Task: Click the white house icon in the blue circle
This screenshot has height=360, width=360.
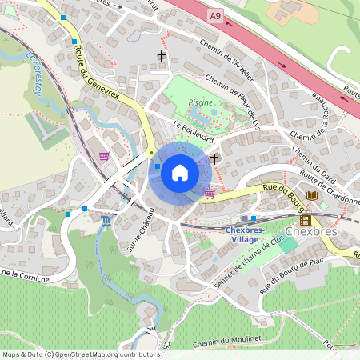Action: pos(179,172)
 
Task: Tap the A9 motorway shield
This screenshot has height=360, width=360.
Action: pos(214,14)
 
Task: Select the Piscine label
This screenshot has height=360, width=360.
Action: pos(200,103)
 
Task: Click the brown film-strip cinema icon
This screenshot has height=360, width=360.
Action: pos(305,219)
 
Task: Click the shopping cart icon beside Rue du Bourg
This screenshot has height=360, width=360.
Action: pos(210,193)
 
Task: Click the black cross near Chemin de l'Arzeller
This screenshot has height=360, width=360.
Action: pos(162,56)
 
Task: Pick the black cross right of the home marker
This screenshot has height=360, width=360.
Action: pos(214,158)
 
